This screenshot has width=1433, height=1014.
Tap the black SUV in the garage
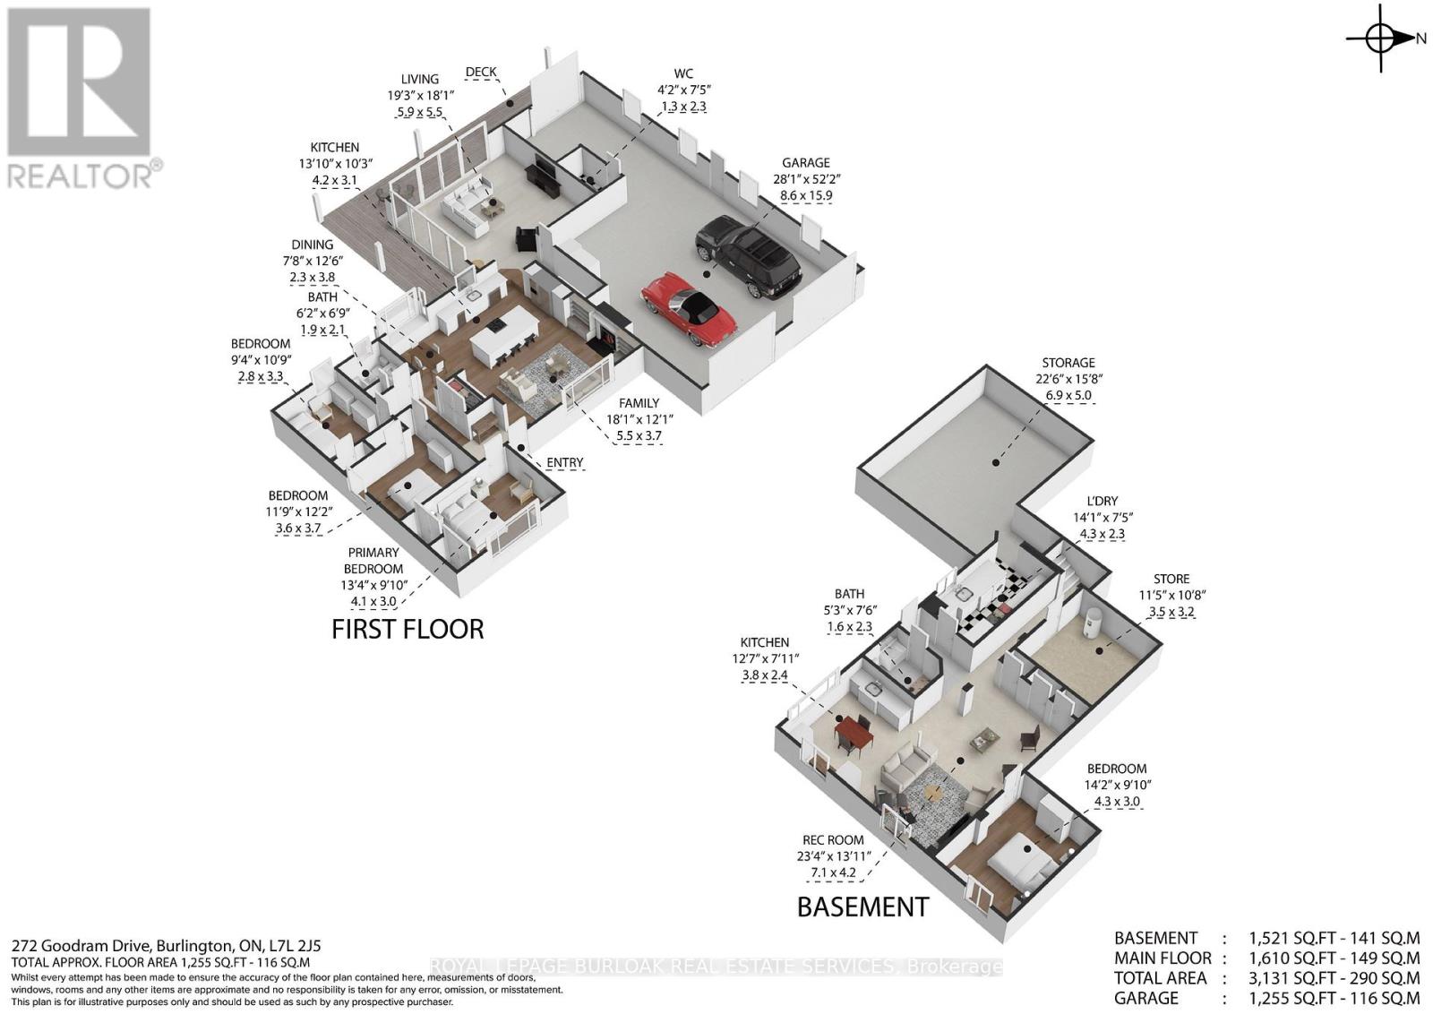(749, 255)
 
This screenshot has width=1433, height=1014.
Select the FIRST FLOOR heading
(408, 630)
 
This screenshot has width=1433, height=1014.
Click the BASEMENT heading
(863, 907)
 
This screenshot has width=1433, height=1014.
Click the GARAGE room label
(805, 163)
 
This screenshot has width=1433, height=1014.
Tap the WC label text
(683, 74)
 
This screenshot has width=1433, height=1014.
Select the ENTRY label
(565, 462)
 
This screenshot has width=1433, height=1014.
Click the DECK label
(480, 73)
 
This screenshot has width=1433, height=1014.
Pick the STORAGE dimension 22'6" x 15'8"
(1069, 379)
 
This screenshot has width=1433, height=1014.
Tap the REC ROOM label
(833, 840)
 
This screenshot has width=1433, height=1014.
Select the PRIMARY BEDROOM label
(373, 561)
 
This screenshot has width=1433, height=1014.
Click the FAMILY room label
(639, 403)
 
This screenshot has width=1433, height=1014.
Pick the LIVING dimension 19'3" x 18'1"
(420, 95)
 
